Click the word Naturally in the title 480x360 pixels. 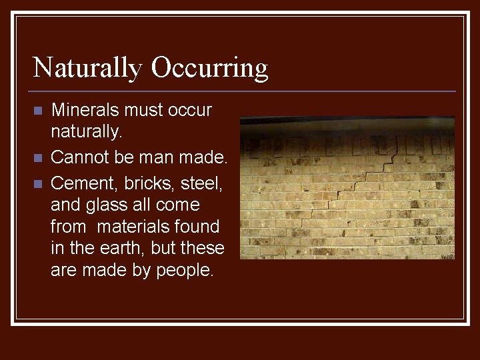pyautogui.click(x=87, y=68)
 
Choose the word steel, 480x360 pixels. pyautogui.click(x=202, y=181)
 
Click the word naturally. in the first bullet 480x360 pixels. pyautogui.click(x=87, y=133)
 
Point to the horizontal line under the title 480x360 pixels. pyautogui.click(x=243, y=91)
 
